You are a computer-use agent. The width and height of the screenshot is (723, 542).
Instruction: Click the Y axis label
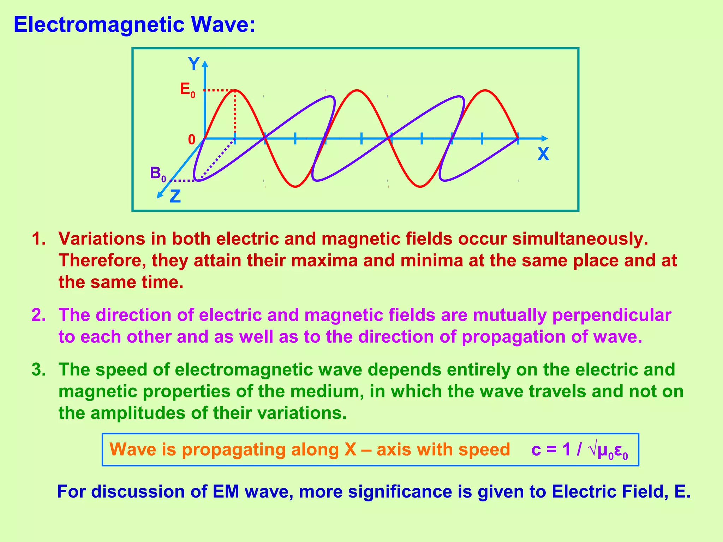click(x=194, y=64)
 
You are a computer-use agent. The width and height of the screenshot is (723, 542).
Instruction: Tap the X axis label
click(x=543, y=154)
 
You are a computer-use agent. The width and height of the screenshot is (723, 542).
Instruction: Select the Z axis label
click(x=175, y=197)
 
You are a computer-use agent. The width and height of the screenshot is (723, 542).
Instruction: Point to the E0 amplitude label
click(x=187, y=90)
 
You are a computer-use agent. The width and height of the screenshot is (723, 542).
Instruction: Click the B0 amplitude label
click(x=157, y=174)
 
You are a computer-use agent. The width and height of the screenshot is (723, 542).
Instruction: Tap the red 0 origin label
click(x=191, y=140)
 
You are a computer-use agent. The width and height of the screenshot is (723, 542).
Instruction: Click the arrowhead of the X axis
click(x=545, y=139)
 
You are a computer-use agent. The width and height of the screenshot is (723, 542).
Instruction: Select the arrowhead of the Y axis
click(x=205, y=64)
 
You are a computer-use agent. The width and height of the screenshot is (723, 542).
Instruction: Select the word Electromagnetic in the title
click(x=99, y=25)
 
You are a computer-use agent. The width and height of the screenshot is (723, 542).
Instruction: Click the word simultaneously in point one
click(x=580, y=239)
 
